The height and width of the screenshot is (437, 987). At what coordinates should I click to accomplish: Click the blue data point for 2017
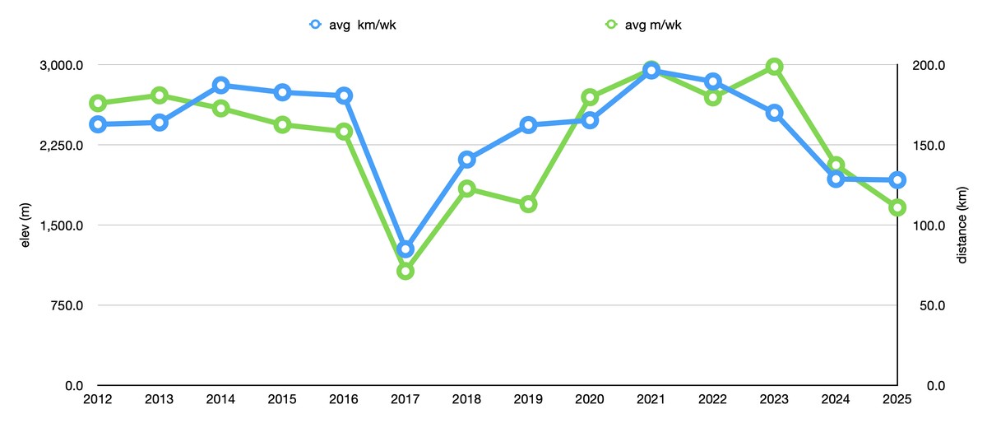(405, 249)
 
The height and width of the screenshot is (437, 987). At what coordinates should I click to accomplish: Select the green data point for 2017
(405, 271)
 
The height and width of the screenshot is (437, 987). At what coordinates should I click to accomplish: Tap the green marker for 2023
(774, 67)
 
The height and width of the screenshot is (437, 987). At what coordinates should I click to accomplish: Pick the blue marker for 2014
(221, 86)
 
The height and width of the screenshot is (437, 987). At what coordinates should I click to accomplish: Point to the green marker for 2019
(529, 204)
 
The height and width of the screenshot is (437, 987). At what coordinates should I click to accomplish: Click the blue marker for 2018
(467, 160)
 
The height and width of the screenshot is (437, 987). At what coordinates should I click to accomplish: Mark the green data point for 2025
(897, 207)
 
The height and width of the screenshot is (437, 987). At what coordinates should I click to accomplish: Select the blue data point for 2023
(774, 113)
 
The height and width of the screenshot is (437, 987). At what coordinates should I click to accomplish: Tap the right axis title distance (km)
(962, 225)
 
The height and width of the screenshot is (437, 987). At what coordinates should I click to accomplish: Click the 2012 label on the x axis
(98, 401)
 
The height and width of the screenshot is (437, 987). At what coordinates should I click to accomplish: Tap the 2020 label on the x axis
(590, 401)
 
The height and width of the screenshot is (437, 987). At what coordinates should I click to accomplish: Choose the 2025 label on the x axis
(897, 401)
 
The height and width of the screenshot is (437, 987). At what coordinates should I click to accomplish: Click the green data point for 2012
(98, 103)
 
